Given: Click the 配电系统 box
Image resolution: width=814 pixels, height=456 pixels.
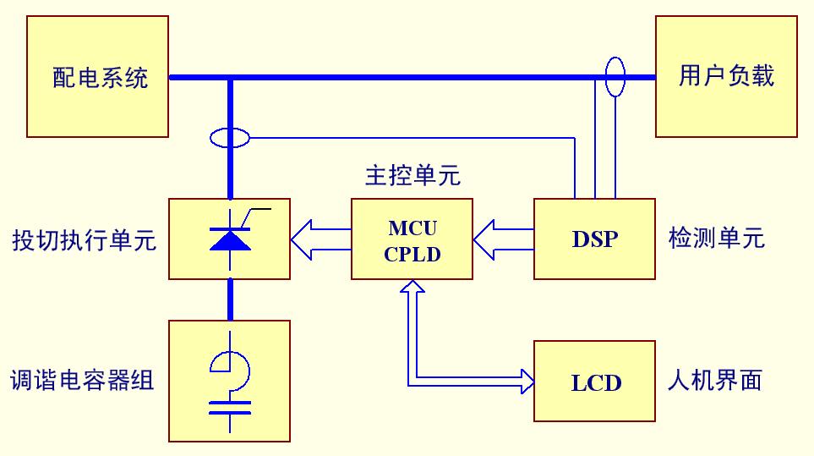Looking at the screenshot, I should (x=97, y=77).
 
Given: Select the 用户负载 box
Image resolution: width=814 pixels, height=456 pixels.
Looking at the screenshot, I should (x=726, y=77).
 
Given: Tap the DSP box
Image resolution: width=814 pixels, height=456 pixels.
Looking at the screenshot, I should (x=594, y=239).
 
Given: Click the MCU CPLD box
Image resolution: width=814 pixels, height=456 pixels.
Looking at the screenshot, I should (x=412, y=239).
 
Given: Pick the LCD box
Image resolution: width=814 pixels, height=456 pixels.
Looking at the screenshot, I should (x=594, y=381).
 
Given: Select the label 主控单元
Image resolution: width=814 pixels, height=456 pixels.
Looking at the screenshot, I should (x=412, y=176).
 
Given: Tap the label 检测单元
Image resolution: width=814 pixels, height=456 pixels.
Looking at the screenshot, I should (x=716, y=239).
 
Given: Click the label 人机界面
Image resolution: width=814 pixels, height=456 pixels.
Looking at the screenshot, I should (x=714, y=381).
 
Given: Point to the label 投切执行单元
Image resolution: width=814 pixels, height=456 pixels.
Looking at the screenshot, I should (x=84, y=240).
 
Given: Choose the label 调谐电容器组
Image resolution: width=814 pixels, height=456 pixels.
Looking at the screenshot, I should (x=82, y=381).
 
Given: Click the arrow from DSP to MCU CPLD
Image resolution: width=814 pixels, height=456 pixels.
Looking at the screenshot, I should (x=503, y=239).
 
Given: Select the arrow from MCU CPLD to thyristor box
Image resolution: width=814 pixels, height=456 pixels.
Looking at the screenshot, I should (x=320, y=239).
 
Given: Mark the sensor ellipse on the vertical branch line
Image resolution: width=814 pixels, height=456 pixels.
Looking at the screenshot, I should (x=229, y=136).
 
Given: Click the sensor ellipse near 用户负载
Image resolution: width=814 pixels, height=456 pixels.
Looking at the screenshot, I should (x=615, y=78).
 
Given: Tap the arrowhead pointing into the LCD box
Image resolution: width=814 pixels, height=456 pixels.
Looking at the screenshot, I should (x=526, y=381).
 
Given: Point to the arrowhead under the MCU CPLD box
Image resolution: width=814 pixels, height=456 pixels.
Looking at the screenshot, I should (x=412, y=289).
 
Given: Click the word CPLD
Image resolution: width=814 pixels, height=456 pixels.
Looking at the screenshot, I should (x=412, y=254).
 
